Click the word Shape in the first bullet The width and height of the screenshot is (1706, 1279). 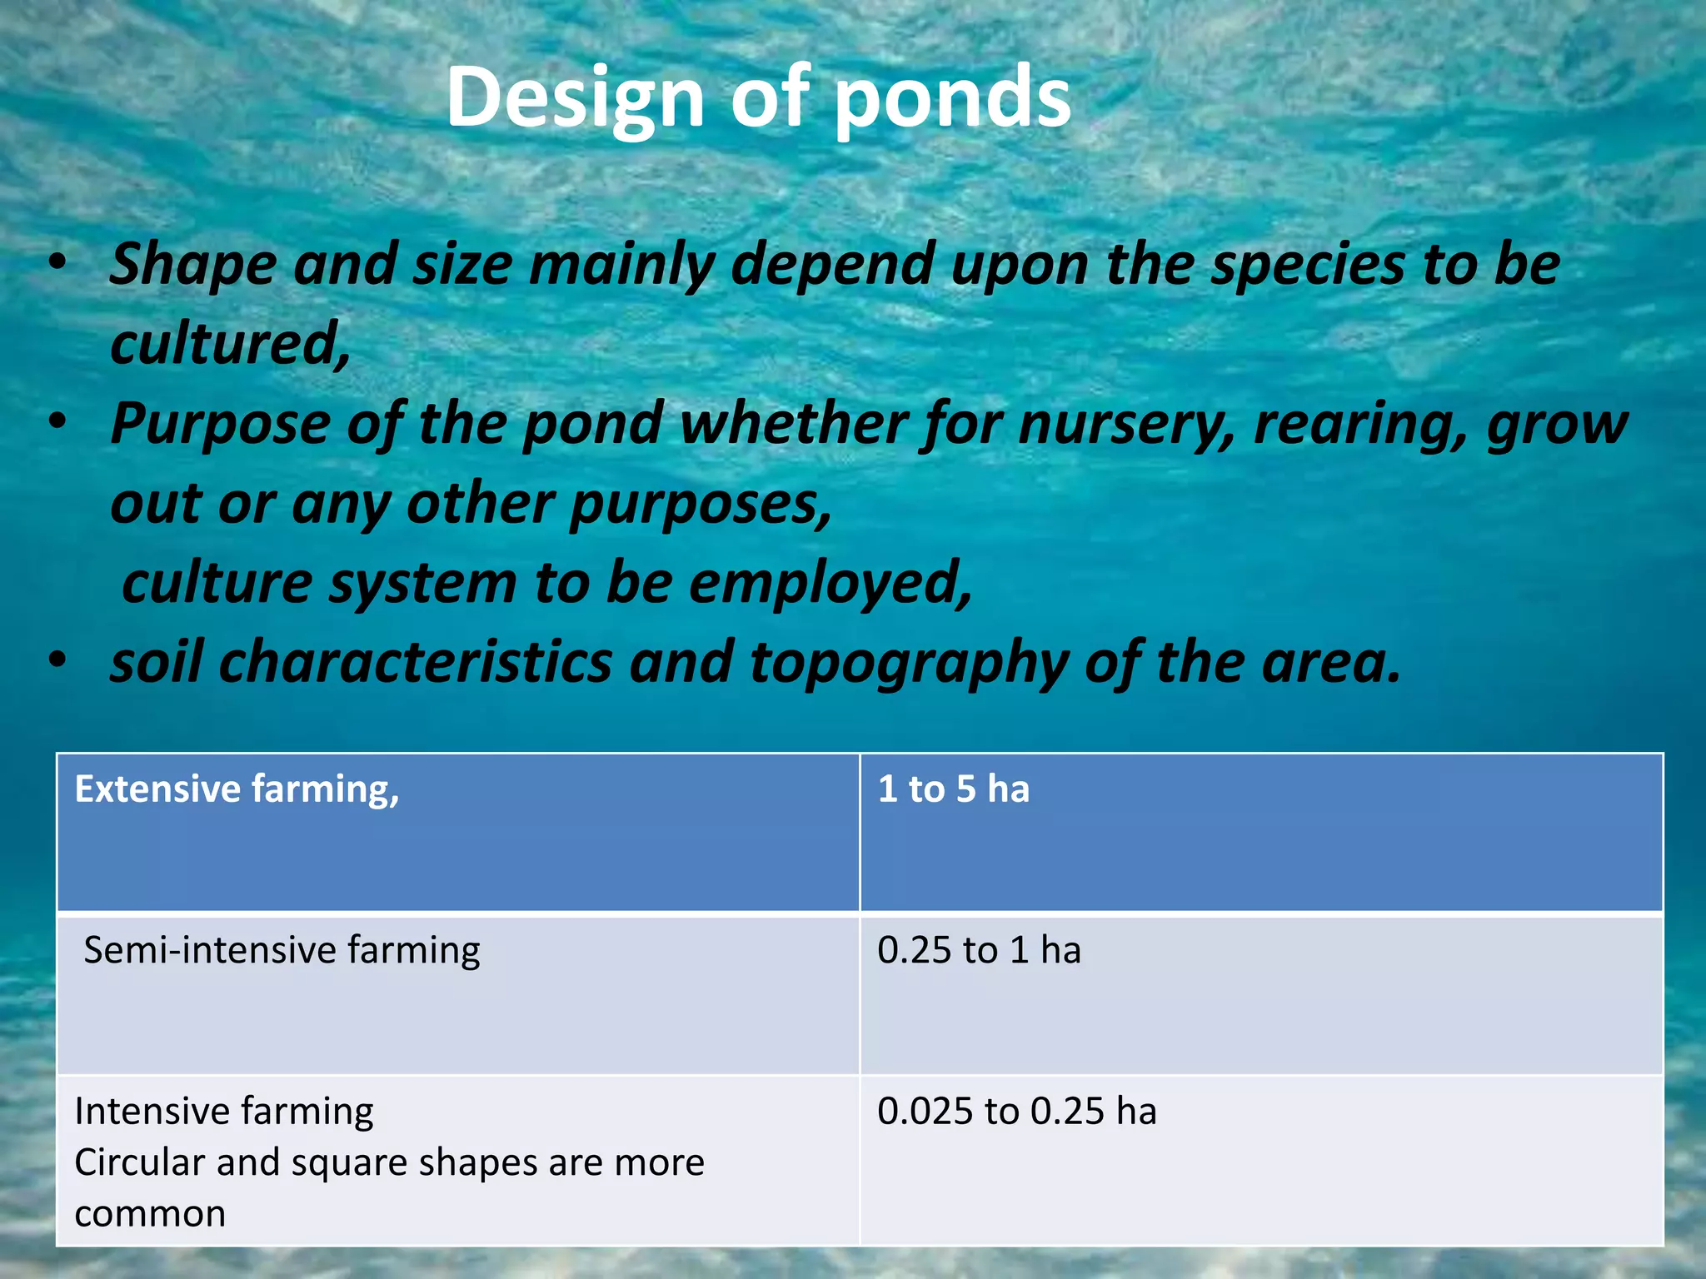(x=192, y=265)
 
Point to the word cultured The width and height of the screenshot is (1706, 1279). (x=230, y=343)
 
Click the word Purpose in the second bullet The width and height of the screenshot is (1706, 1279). (x=220, y=424)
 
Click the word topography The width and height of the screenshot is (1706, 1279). (x=909, y=663)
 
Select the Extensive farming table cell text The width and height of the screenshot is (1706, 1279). (x=237, y=789)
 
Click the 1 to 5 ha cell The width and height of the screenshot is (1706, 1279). (x=953, y=789)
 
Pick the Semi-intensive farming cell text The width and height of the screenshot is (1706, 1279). (x=282, y=950)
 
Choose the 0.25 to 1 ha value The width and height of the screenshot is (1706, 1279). (x=979, y=950)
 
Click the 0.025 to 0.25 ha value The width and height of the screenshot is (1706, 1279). (x=1016, y=1111)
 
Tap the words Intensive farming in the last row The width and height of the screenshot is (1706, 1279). (x=223, y=1111)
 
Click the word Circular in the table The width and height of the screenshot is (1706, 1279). (x=138, y=1162)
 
